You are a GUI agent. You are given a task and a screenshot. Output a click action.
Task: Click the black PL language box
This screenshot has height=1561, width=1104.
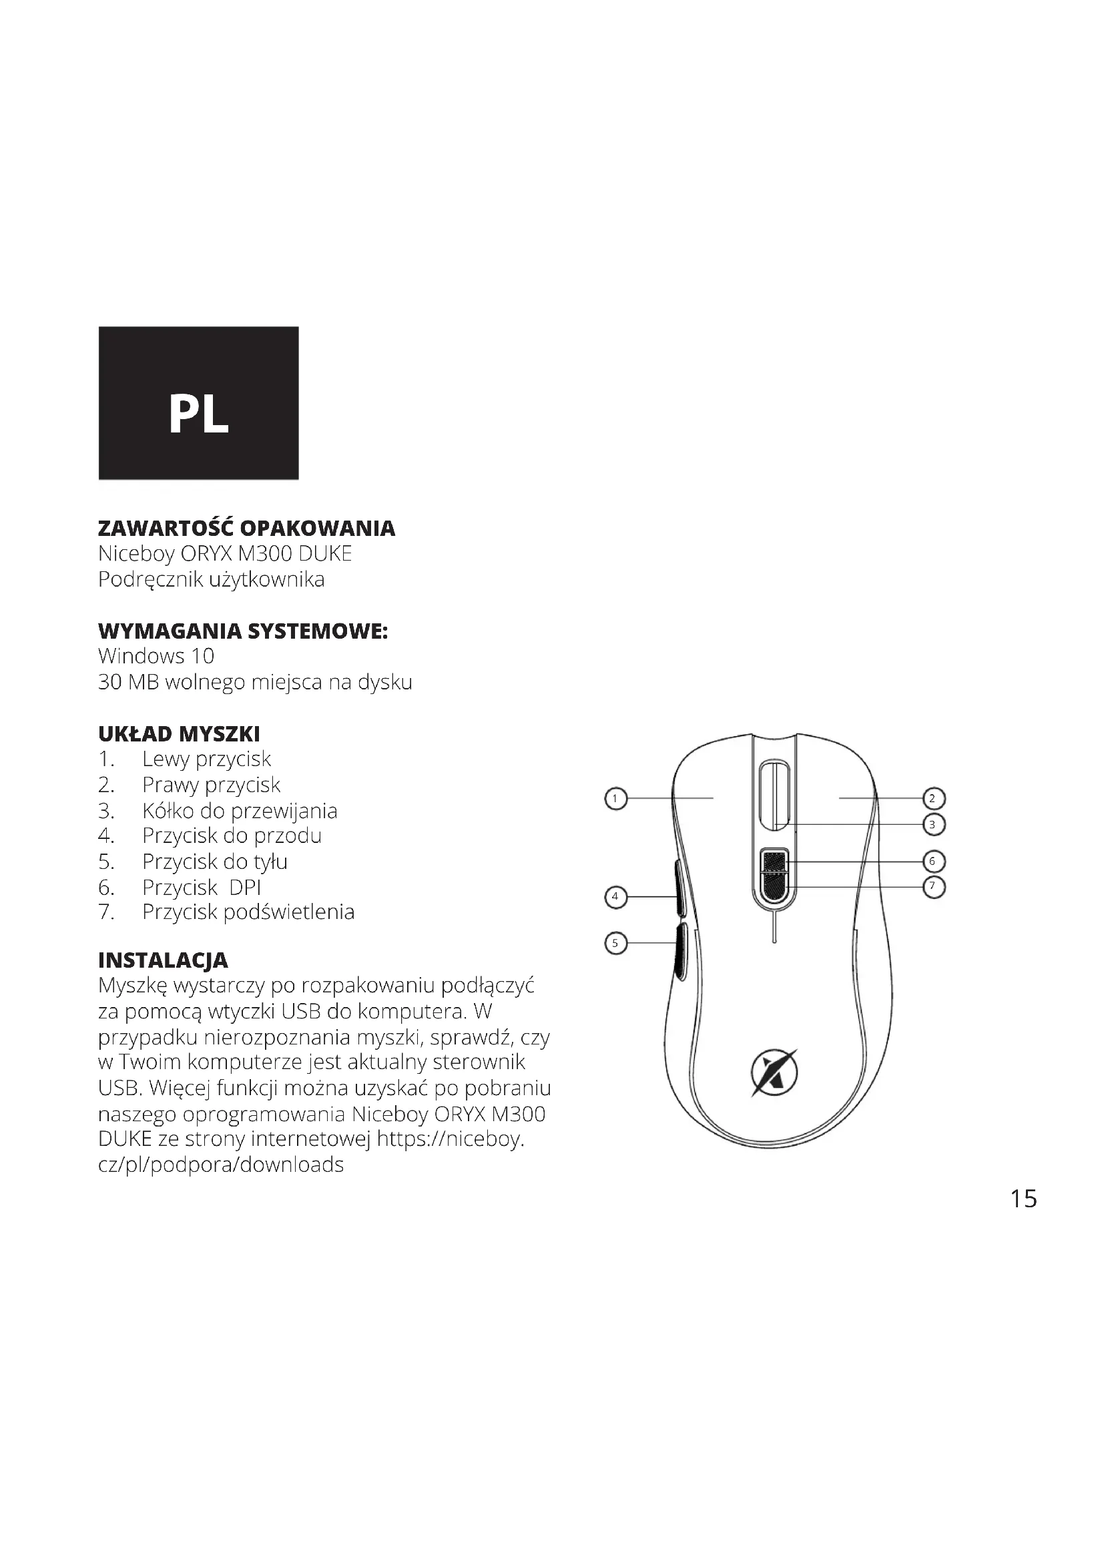(198, 403)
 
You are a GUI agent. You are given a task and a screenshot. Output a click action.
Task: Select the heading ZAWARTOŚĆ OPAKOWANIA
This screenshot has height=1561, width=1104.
(246, 529)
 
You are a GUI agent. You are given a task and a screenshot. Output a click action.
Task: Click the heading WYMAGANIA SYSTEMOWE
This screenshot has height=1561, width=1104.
(243, 631)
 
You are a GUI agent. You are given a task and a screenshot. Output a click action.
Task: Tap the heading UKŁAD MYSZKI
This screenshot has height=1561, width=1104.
(179, 733)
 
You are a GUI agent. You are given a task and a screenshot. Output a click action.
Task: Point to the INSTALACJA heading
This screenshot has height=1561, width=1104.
(163, 960)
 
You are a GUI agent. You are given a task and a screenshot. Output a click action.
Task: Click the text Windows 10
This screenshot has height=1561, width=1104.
(156, 656)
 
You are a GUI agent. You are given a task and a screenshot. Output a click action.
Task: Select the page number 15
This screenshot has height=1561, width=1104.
(1023, 1199)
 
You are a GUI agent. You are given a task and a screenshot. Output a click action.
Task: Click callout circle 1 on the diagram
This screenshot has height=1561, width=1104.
(615, 798)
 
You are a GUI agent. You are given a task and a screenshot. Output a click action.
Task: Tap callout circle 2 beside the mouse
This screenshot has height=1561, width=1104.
(932, 798)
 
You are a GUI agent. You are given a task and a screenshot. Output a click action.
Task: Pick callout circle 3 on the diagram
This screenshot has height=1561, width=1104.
(932, 825)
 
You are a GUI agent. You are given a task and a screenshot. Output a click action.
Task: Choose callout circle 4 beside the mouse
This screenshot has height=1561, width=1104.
(615, 897)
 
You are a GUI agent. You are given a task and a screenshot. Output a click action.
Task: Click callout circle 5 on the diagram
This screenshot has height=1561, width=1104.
(615, 943)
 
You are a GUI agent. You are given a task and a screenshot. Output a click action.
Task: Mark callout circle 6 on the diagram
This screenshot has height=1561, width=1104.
(932, 862)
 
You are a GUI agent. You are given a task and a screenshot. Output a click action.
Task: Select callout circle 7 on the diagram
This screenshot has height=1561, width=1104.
(932, 886)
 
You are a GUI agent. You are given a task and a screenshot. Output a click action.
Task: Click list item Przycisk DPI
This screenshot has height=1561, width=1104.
(201, 887)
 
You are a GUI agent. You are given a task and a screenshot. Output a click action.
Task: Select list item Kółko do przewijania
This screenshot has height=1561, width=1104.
(240, 810)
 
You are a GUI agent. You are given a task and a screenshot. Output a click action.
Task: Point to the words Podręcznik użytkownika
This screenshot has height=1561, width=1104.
(211, 579)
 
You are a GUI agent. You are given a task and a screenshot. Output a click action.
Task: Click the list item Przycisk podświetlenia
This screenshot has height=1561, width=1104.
(248, 912)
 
